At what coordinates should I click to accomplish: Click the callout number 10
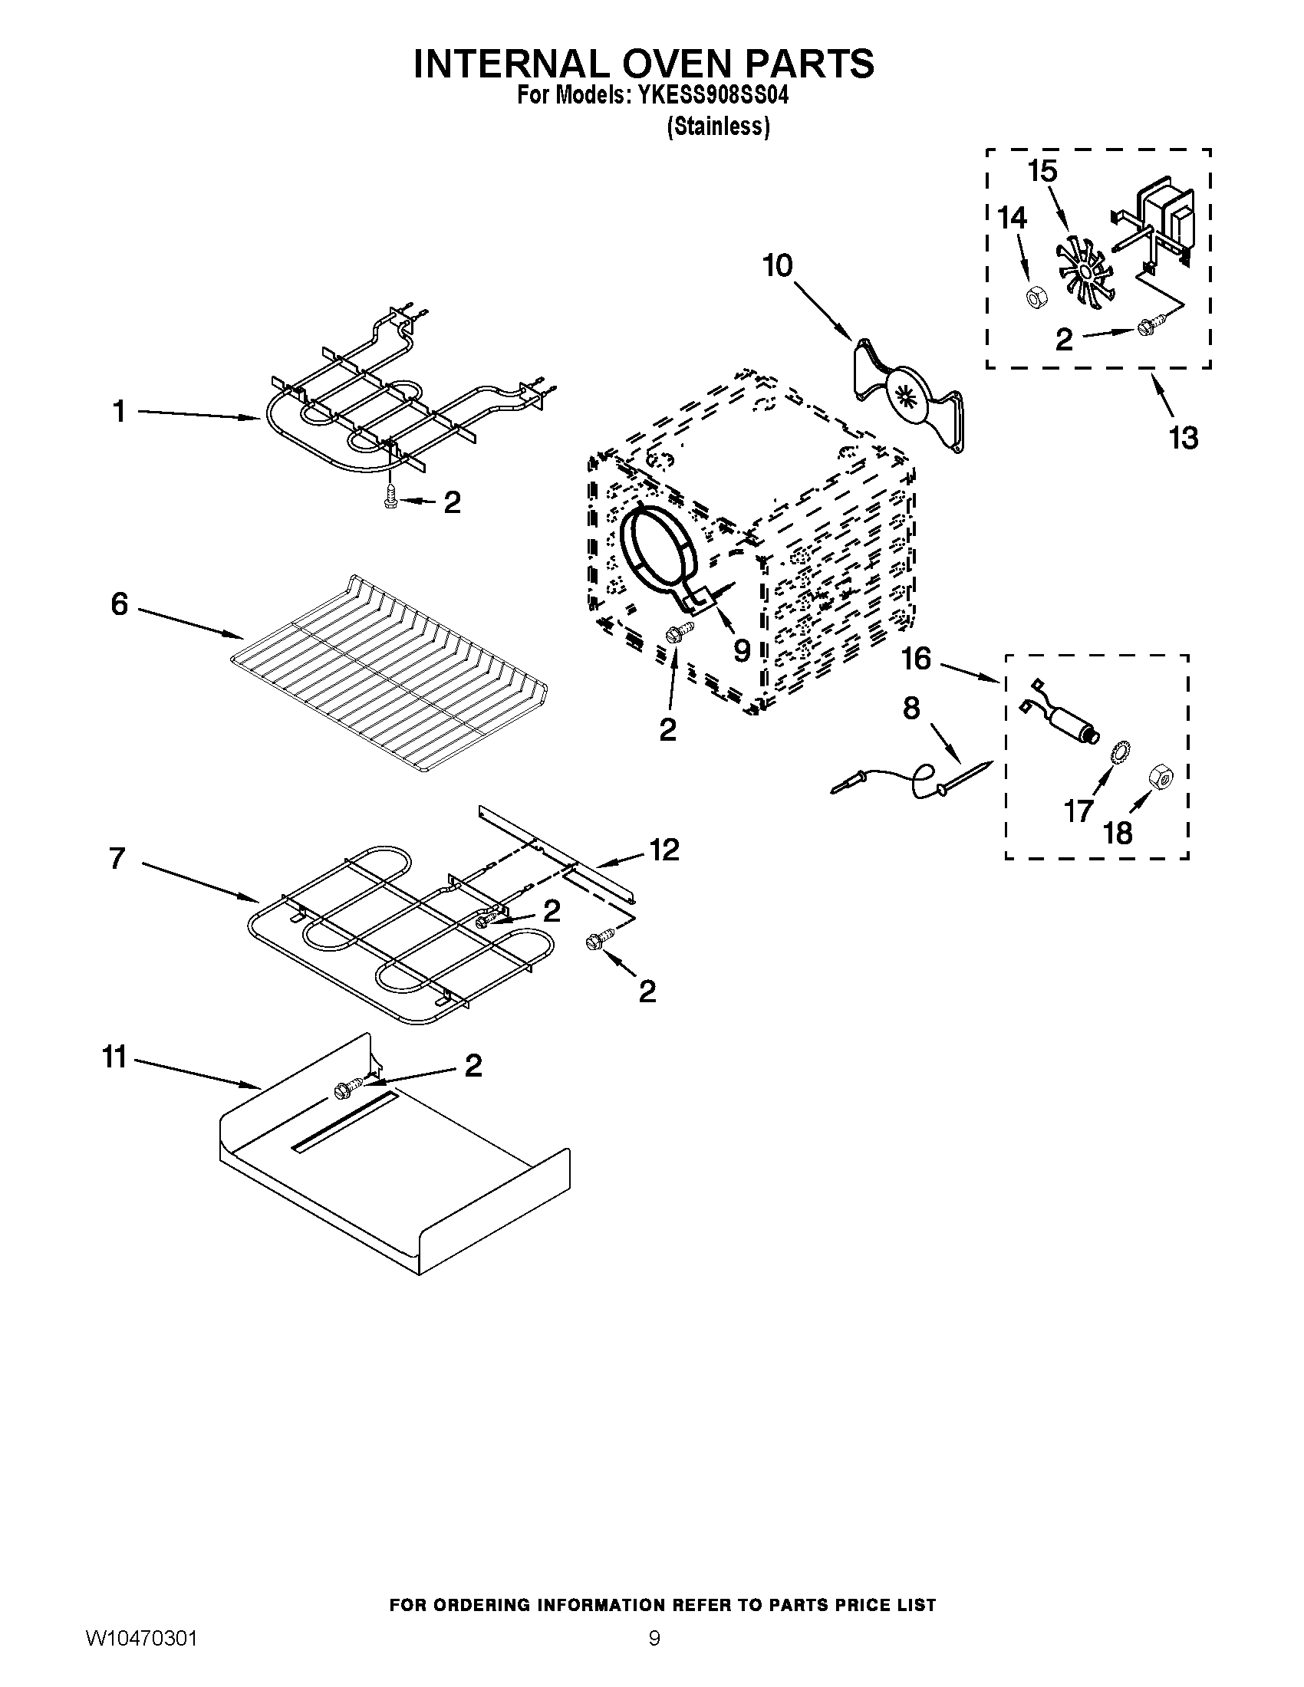[x=777, y=266]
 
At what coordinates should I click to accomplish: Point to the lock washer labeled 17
[x=1116, y=752]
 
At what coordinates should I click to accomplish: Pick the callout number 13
[x=1183, y=437]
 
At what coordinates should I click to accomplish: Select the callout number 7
[x=117, y=858]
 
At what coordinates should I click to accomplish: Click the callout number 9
[x=741, y=650]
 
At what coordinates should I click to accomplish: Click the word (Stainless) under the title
[x=718, y=127]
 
